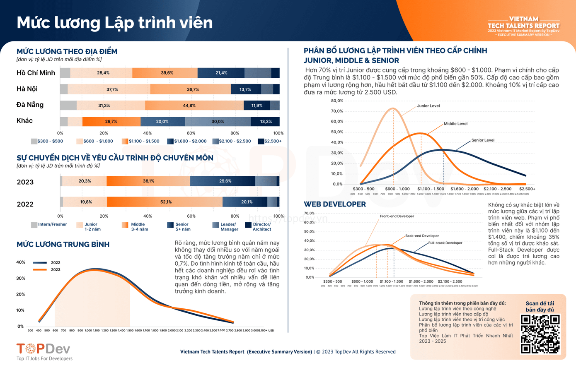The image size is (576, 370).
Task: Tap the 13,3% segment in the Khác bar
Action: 265,122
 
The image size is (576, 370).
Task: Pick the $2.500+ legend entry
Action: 270,141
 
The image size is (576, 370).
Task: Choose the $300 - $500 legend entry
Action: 47,141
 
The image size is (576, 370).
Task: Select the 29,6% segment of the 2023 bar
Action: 223,181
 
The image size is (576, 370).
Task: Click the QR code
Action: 540,334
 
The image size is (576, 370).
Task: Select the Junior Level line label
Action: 428,106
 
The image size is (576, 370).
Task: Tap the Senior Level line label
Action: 483,140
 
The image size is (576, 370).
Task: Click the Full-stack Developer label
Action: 445,243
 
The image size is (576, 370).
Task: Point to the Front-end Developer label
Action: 397,216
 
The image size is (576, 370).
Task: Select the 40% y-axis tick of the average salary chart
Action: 20,262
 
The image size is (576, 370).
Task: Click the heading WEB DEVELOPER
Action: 334,204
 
